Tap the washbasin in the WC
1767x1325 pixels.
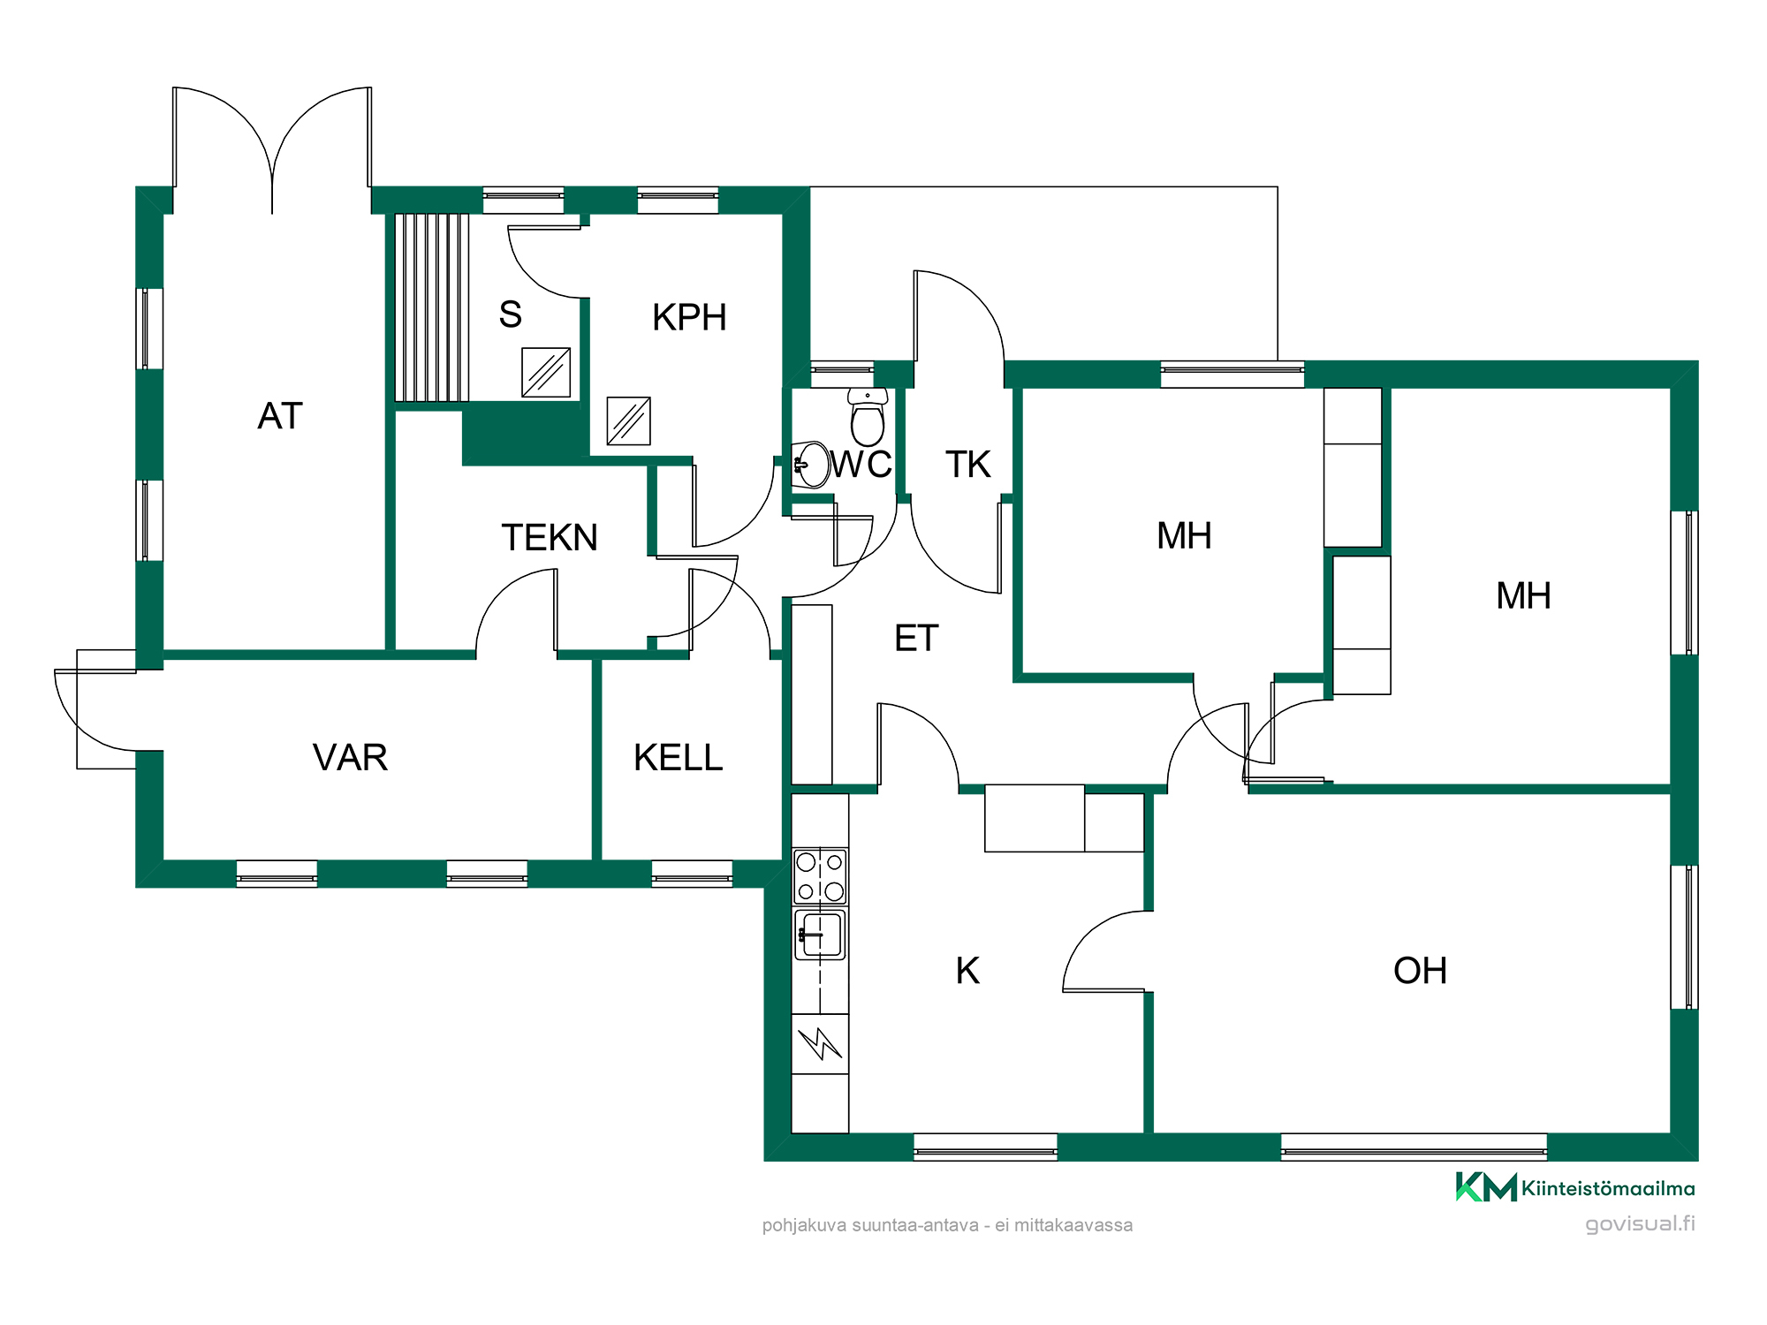point(811,465)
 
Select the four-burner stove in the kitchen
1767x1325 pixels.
point(820,876)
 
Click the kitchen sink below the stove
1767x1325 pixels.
point(820,935)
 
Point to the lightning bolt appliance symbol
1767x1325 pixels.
point(820,1043)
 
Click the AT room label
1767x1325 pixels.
point(280,416)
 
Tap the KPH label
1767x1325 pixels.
point(689,317)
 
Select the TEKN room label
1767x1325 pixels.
point(550,537)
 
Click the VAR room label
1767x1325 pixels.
point(350,757)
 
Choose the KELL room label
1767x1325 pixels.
point(678,757)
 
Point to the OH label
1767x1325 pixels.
point(1420,971)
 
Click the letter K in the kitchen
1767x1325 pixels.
point(967,971)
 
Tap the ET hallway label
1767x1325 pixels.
point(916,638)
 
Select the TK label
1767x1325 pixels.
point(968,464)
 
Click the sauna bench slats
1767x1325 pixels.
point(431,307)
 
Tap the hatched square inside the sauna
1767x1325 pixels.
point(546,372)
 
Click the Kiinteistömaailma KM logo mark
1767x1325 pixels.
point(1486,1186)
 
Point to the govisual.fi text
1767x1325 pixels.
point(1640,1223)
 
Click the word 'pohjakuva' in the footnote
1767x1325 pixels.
point(804,1225)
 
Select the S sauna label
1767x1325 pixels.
point(511,314)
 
